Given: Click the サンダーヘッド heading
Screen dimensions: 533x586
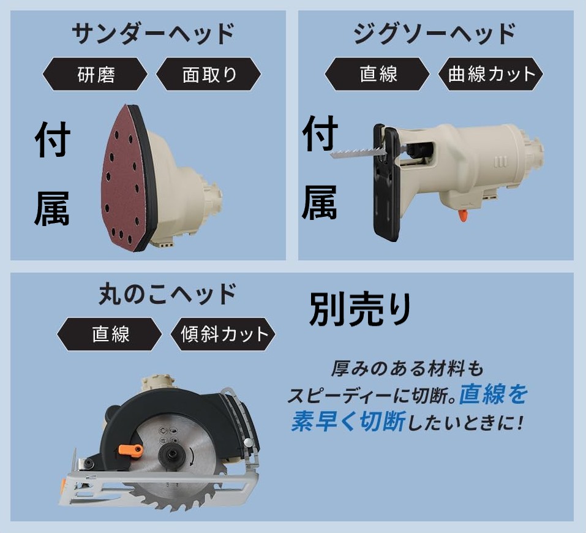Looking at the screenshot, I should [152, 34].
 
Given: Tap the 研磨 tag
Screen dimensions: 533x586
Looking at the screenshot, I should [96, 74].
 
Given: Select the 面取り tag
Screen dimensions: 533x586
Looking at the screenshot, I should [209, 74].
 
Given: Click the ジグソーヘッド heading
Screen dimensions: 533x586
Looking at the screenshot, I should [434, 34].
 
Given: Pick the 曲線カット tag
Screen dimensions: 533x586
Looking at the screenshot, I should [491, 74].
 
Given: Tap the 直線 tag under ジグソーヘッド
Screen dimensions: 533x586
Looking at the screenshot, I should [378, 74].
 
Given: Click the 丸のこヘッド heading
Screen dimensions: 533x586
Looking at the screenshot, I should [167, 295].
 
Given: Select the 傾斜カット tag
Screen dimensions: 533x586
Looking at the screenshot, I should [225, 335].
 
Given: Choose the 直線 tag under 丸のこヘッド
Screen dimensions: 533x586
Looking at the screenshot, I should [110, 335].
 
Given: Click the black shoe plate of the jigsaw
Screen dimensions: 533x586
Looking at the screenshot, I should [386, 184].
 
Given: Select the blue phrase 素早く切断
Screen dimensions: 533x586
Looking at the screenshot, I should [347, 422].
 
